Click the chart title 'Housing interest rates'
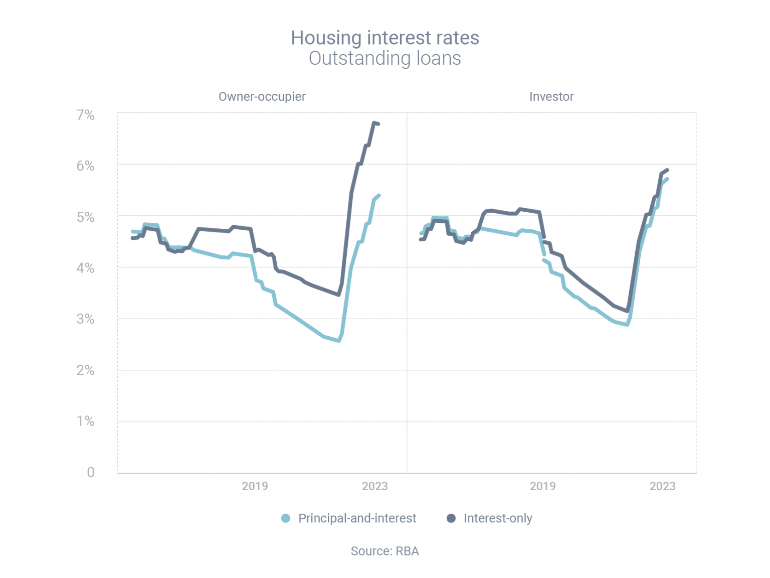point(384,38)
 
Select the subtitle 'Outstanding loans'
point(384,58)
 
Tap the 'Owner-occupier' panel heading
point(262,96)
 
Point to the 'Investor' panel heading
point(551,96)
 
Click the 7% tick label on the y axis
point(85,115)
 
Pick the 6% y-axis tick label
point(85,166)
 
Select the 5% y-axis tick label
point(85,217)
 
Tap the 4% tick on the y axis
point(85,268)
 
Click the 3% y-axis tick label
point(85,319)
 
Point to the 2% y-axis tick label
point(85,370)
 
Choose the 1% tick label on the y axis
point(85,421)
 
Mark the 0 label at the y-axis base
point(91,472)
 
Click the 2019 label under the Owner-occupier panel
point(255,486)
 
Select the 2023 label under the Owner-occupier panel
point(374,486)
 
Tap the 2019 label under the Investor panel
point(542,486)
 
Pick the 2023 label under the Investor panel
point(662,486)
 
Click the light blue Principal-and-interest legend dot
point(286,518)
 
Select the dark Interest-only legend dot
point(451,518)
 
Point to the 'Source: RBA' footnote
point(384,551)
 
